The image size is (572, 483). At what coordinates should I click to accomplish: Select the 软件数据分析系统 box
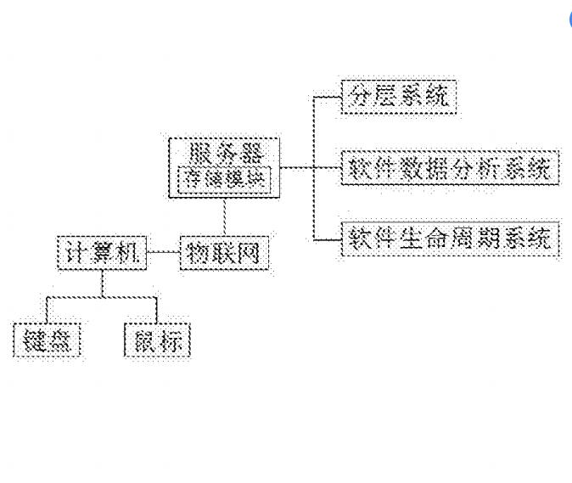(450, 168)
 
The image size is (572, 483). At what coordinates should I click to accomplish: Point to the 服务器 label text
(225, 154)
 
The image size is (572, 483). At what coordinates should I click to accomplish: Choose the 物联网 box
(224, 254)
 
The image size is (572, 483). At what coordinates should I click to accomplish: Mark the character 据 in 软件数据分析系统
(437, 168)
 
